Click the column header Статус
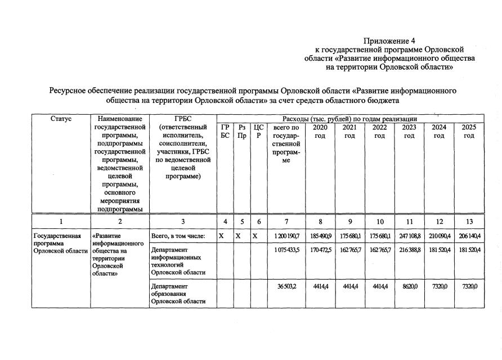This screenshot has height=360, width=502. pos(61,119)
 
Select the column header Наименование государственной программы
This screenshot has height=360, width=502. pos(119,163)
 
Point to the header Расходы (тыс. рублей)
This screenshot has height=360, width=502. pos(358,119)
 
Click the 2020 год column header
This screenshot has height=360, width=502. pos(320,132)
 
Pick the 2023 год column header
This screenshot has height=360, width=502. pos(409,132)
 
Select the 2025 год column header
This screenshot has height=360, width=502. pos(469,132)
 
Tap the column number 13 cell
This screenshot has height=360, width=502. pos(469,221)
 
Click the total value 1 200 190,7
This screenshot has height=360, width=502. pos(286,236)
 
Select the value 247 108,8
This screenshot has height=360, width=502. pos(409,236)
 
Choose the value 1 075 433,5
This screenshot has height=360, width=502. pos(286,249)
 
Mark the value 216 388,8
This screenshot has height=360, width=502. pos(409,249)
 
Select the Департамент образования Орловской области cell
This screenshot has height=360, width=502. pos(176,294)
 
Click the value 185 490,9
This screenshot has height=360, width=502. pos(320,236)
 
